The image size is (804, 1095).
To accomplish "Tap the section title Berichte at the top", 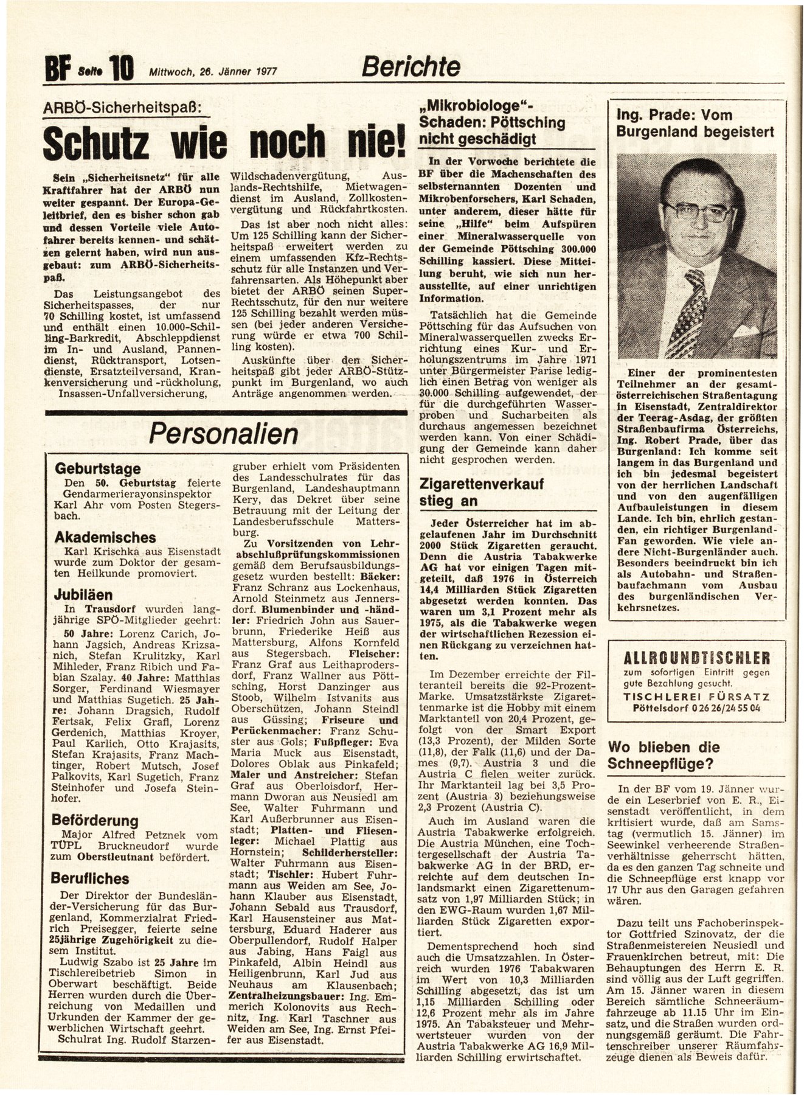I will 411,66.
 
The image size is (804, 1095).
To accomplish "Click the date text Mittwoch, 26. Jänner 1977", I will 213,71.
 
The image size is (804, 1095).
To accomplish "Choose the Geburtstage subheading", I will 97,468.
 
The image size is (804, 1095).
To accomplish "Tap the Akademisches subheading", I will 105,538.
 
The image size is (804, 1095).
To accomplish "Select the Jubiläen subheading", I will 83,594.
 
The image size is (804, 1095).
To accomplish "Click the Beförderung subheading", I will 95,820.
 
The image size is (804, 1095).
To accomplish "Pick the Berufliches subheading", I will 91,878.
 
